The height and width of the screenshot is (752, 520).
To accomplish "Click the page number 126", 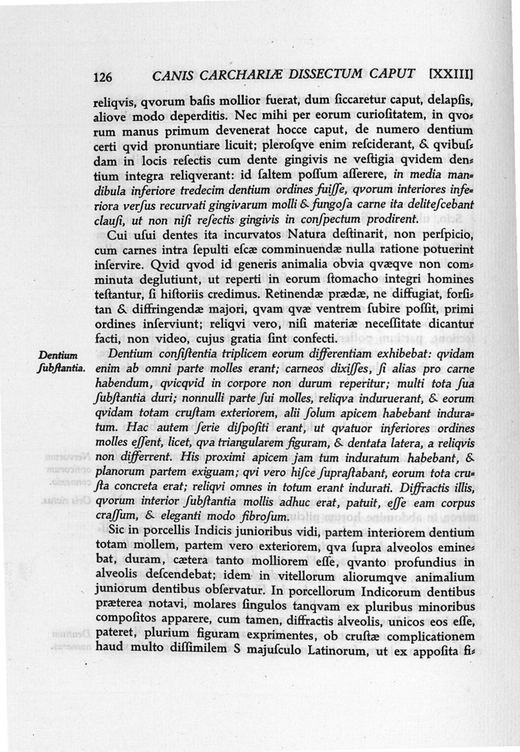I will [103, 77].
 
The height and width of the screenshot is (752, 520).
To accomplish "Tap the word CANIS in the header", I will [170, 76].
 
